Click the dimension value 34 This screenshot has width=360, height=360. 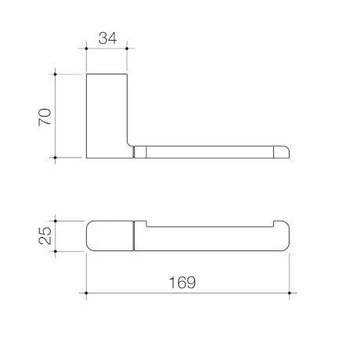pyautogui.click(x=107, y=38)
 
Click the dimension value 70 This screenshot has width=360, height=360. pyautogui.click(x=45, y=117)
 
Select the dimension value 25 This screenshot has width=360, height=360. pyautogui.click(x=45, y=236)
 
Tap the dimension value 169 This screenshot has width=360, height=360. pyautogui.click(x=182, y=283)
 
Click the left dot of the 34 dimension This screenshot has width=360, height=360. pyautogui.click(x=86, y=49)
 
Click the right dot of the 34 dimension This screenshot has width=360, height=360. pyautogui.click(x=127, y=49)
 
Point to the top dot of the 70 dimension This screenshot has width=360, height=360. pyautogui.click(x=55, y=74)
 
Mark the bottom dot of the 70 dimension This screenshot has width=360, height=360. pyautogui.click(x=55, y=157)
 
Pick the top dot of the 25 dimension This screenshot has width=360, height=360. pyautogui.click(x=56, y=221)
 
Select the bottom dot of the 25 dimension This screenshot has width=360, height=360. pyautogui.click(x=56, y=251)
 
